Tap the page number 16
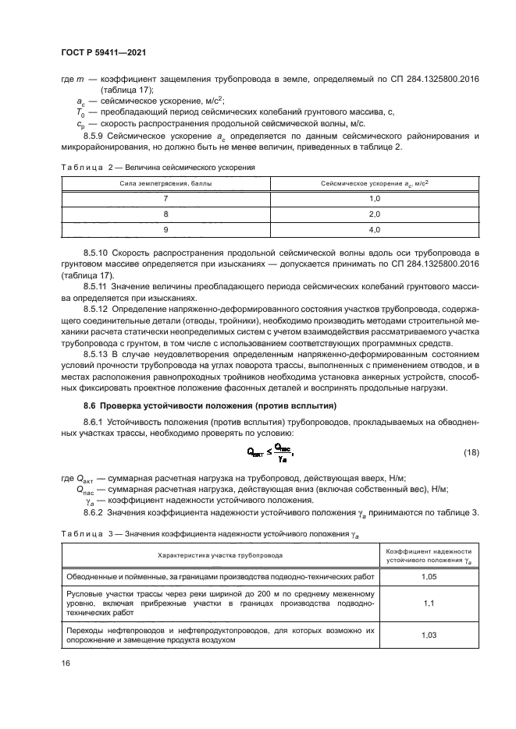[x=66, y=663]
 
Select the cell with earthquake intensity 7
[x=165, y=199]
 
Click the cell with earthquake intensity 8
[x=165, y=214]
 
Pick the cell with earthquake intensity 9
[x=165, y=229]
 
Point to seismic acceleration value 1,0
[x=373, y=199]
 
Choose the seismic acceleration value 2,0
[x=373, y=214]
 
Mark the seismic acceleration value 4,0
[x=373, y=229]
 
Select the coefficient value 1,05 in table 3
[x=429, y=577]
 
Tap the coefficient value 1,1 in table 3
[x=429, y=603]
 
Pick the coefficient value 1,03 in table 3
[x=429, y=635]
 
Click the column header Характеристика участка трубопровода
[x=220, y=555]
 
